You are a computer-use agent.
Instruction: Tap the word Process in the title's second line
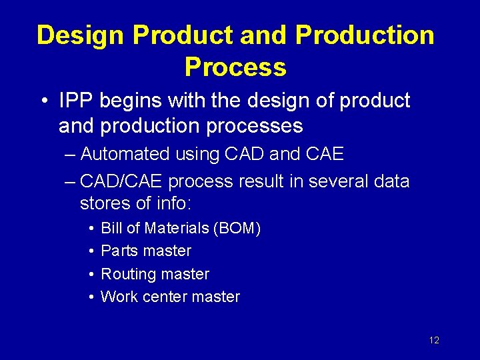[x=235, y=67]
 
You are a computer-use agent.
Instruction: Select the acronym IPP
[x=77, y=101]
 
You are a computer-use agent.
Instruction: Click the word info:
[x=174, y=202]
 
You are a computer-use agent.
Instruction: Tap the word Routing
[x=127, y=275]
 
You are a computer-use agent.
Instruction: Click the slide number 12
[x=434, y=341]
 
